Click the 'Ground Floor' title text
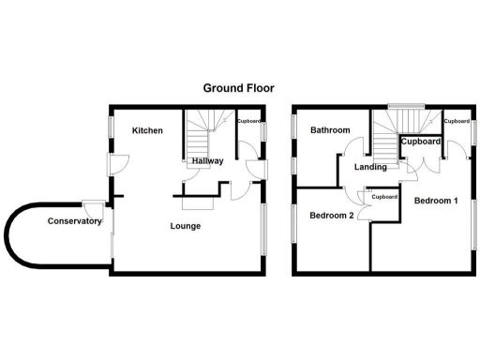[239, 88]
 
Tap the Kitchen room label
[147, 130]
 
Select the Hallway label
[207, 161]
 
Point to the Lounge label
[185, 226]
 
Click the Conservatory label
[75, 221]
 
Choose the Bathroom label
[330, 130]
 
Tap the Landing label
[371, 167]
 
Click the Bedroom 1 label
[436, 201]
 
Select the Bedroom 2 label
[332, 216]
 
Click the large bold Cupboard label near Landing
[421, 142]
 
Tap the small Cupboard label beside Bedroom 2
[384, 197]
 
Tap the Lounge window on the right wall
[263, 227]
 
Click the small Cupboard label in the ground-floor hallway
[248, 122]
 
